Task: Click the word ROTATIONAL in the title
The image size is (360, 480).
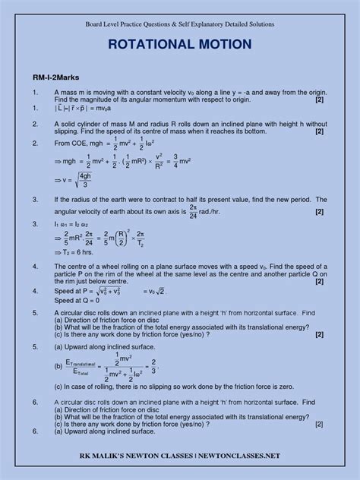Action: click(144, 46)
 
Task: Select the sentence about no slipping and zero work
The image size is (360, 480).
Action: click(177, 387)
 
